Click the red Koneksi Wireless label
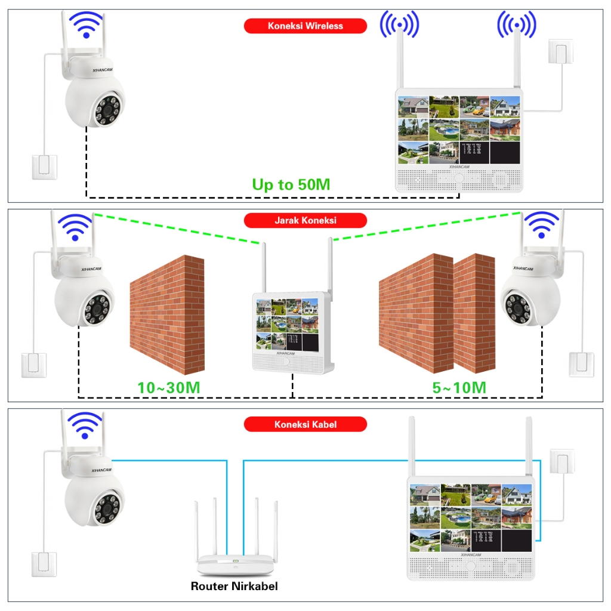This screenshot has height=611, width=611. tap(305, 26)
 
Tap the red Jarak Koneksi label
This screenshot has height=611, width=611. tap(305, 220)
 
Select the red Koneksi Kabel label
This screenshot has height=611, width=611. tap(305, 424)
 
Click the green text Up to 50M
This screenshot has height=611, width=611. tap(291, 184)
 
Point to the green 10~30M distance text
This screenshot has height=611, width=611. tap(168, 387)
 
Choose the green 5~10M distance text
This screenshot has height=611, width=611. tap(459, 387)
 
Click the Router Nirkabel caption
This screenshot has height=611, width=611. tap(234, 586)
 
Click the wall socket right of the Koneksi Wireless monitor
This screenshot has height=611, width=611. tap(560, 53)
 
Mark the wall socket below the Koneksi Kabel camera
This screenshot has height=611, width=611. tap(44, 564)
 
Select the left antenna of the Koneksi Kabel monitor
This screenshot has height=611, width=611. tap(412, 448)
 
